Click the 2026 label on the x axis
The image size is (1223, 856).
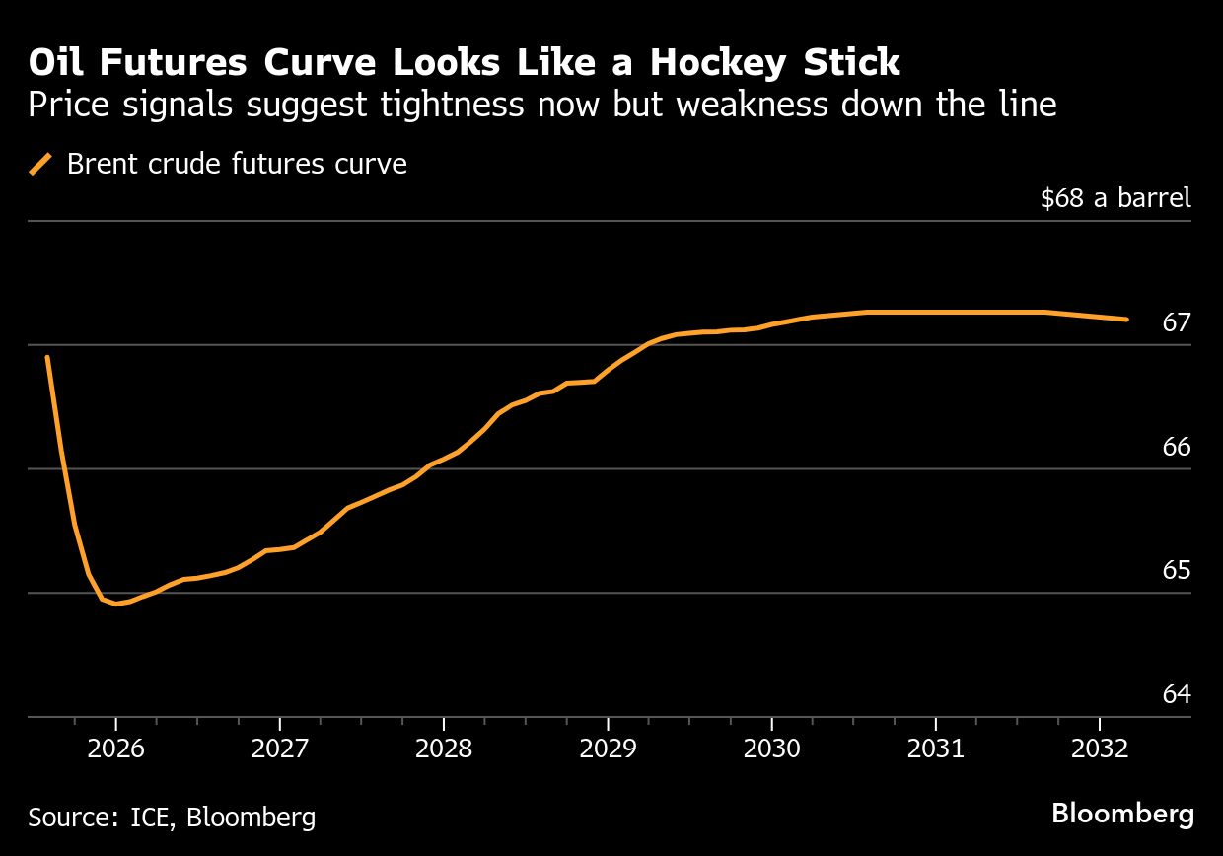tap(115, 749)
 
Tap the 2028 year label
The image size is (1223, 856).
tap(444, 749)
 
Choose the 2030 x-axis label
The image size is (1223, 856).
tap(772, 749)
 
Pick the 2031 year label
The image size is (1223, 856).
tap(936, 749)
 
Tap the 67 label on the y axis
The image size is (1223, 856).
tap(1177, 323)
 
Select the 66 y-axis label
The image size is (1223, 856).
tap(1177, 447)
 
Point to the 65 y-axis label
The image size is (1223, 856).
tap(1177, 571)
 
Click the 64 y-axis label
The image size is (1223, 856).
tap(1177, 694)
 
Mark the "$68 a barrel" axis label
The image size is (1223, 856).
tap(1115, 198)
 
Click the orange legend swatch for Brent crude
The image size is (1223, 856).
tap(41, 164)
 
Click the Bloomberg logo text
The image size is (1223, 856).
tap(1122, 814)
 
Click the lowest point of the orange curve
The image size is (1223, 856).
tap(116, 604)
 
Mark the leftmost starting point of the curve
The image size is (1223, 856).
tap(47, 357)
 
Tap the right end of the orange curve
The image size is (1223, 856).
tap(1126, 320)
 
